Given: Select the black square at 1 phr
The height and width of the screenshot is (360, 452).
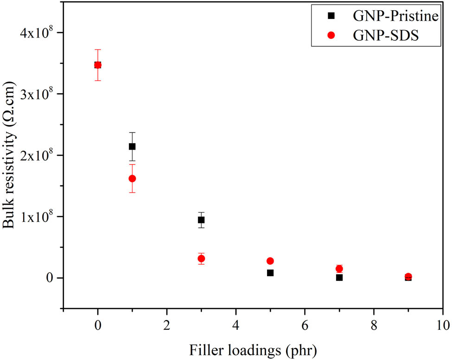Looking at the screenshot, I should click(x=132, y=146).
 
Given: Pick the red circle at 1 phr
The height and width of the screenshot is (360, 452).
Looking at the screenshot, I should click(x=132, y=178).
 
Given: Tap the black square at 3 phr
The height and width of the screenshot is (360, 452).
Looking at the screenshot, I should click(x=201, y=220).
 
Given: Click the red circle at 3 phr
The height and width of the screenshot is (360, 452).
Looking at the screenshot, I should click(x=201, y=259).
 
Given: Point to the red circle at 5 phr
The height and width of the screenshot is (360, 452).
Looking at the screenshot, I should click(x=270, y=261).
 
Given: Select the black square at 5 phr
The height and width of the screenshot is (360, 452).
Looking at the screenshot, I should click(x=270, y=273).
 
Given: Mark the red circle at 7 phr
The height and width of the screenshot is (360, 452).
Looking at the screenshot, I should click(x=339, y=269).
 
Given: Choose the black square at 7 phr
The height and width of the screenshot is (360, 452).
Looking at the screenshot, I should click(x=339, y=278).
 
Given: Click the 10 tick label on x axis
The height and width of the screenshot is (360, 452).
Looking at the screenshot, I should click(x=443, y=322).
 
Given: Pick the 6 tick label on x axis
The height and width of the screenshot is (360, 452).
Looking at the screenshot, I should click(x=305, y=322).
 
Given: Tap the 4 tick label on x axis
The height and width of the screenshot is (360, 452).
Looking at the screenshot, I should click(x=236, y=322).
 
